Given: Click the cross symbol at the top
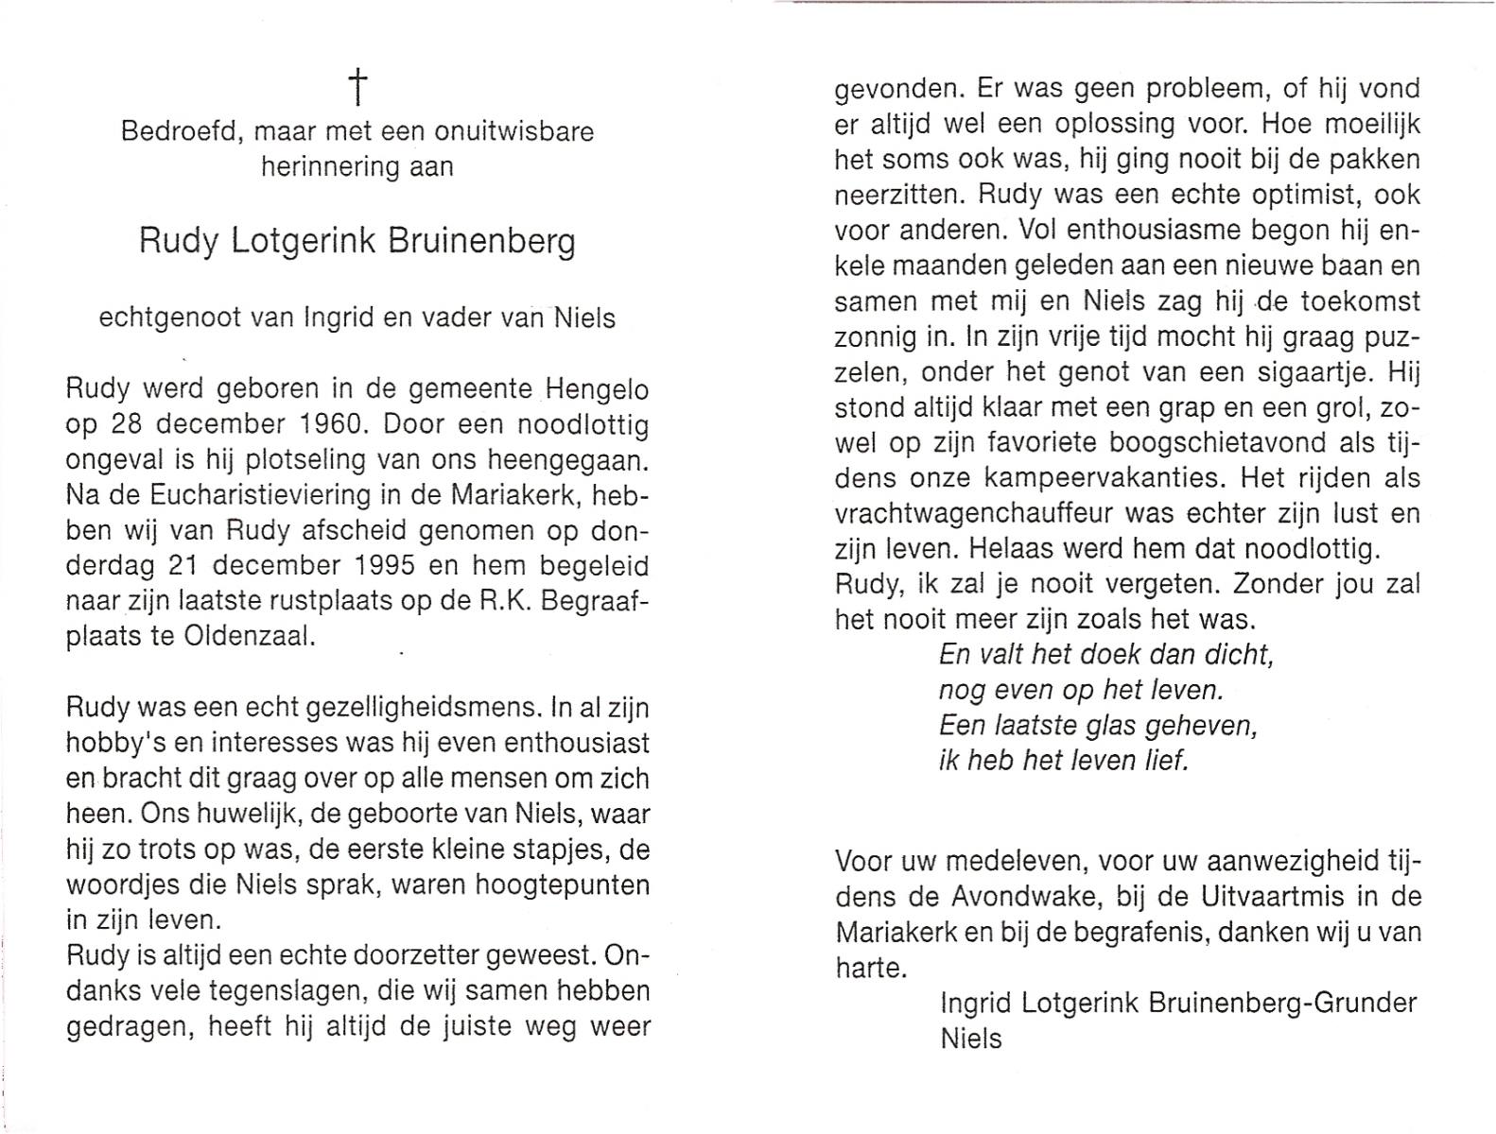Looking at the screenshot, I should click(x=358, y=88).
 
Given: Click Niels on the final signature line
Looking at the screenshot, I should click(x=971, y=1039).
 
